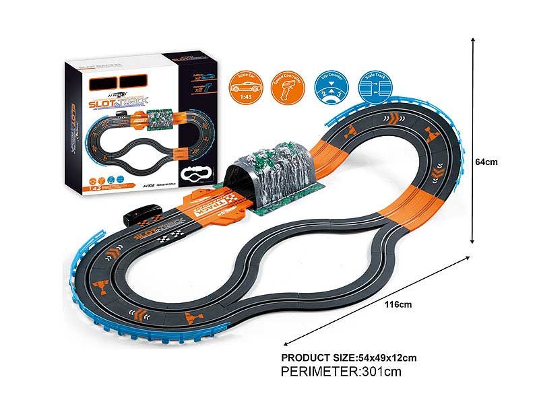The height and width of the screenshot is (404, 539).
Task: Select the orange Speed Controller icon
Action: pyautogui.click(x=285, y=86)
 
